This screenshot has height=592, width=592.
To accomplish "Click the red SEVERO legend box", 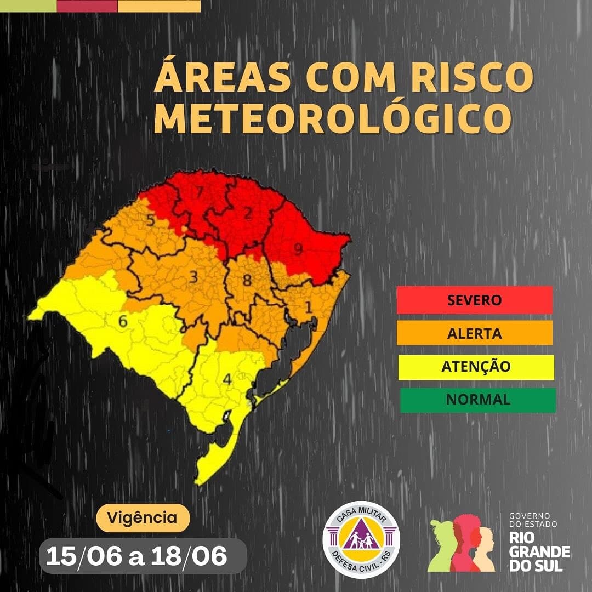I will pos(474,300).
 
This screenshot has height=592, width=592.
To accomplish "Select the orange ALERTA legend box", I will pos(474,333).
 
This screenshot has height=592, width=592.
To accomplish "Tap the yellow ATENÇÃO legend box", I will pos(476,367).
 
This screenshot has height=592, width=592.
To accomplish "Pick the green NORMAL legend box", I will pos(477,400).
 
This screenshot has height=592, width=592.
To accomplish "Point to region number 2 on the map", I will pos(247,213).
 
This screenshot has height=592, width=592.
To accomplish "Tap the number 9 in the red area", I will pos(298,249).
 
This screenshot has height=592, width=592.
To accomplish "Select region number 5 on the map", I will pos(150,221).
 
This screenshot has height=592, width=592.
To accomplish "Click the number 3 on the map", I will pos(193,277).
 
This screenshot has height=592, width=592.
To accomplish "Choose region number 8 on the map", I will pos(247,281).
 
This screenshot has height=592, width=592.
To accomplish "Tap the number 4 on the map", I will pos(227,379).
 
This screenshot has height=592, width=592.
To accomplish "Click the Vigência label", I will pos(143,517).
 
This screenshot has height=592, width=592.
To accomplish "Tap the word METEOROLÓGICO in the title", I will pos(333,118).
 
